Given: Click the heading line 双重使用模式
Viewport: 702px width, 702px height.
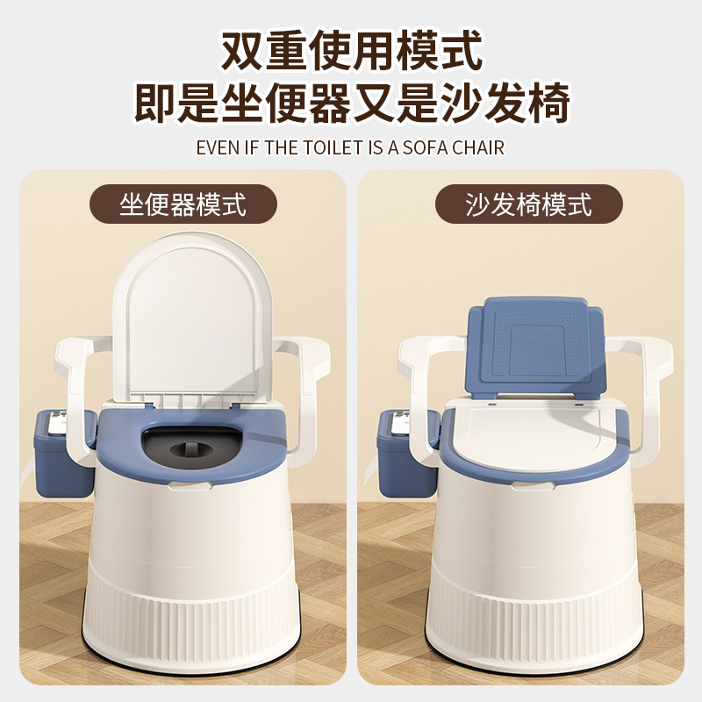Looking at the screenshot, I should [x=351, y=51].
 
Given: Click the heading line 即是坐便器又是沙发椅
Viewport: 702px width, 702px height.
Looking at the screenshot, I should [x=351, y=104].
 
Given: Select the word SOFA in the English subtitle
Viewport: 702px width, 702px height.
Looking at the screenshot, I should [x=425, y=147].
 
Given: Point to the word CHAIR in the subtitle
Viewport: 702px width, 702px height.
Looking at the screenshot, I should [x=477, y=147].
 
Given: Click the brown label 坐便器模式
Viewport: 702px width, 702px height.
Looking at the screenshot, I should [x=183, y=204].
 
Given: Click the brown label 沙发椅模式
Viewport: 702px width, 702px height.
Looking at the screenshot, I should [x=529, y=204].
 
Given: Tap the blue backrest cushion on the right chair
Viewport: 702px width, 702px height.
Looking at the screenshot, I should [x=536, y=347].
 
